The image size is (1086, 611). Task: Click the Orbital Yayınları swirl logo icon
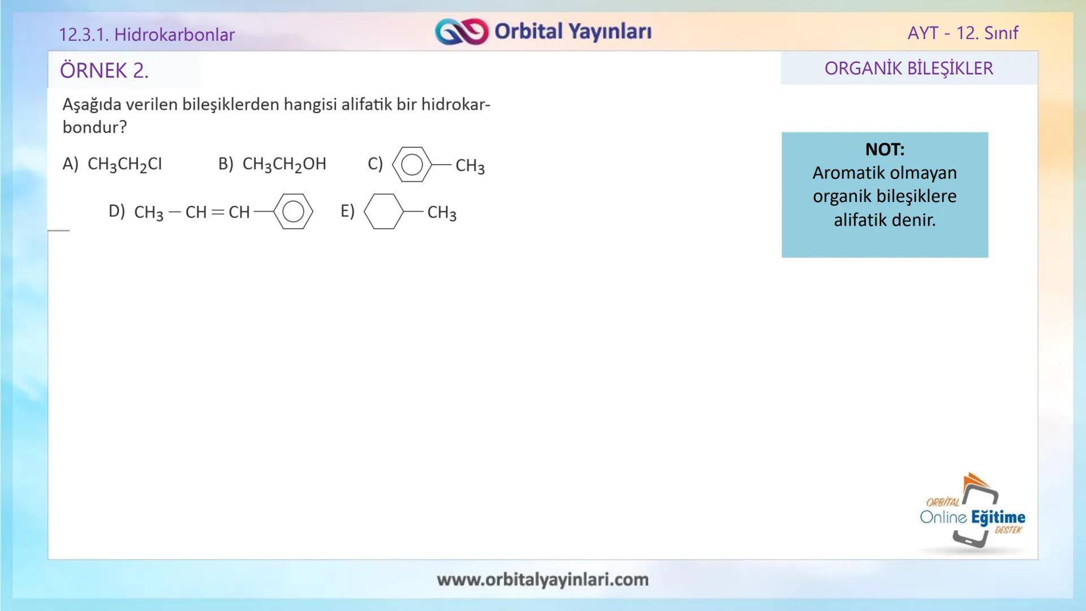[461, 32]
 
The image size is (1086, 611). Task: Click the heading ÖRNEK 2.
[104, 71]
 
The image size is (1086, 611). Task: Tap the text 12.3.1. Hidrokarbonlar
[146, 35]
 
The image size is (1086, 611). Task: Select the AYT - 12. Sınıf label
[963, 33]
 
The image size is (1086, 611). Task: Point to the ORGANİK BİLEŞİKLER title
[908, 68]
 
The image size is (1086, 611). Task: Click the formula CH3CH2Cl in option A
[125, 164]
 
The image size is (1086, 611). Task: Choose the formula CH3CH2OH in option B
[284, 164]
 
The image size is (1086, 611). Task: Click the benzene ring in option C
[412, 165]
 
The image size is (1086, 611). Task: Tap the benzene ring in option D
[293, 212]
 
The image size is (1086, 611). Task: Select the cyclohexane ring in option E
[383, 212]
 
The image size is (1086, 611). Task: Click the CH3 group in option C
[470, 166]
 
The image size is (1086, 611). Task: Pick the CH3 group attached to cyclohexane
[442, 213]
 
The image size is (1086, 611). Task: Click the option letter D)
[117, 211]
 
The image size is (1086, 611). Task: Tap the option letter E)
[347, 211]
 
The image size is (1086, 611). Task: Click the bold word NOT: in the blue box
[885, 149]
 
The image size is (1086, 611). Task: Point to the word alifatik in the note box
[857, 220]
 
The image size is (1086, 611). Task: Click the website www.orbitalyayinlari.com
[542, 579]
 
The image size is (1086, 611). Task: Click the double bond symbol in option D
[218, 212]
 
